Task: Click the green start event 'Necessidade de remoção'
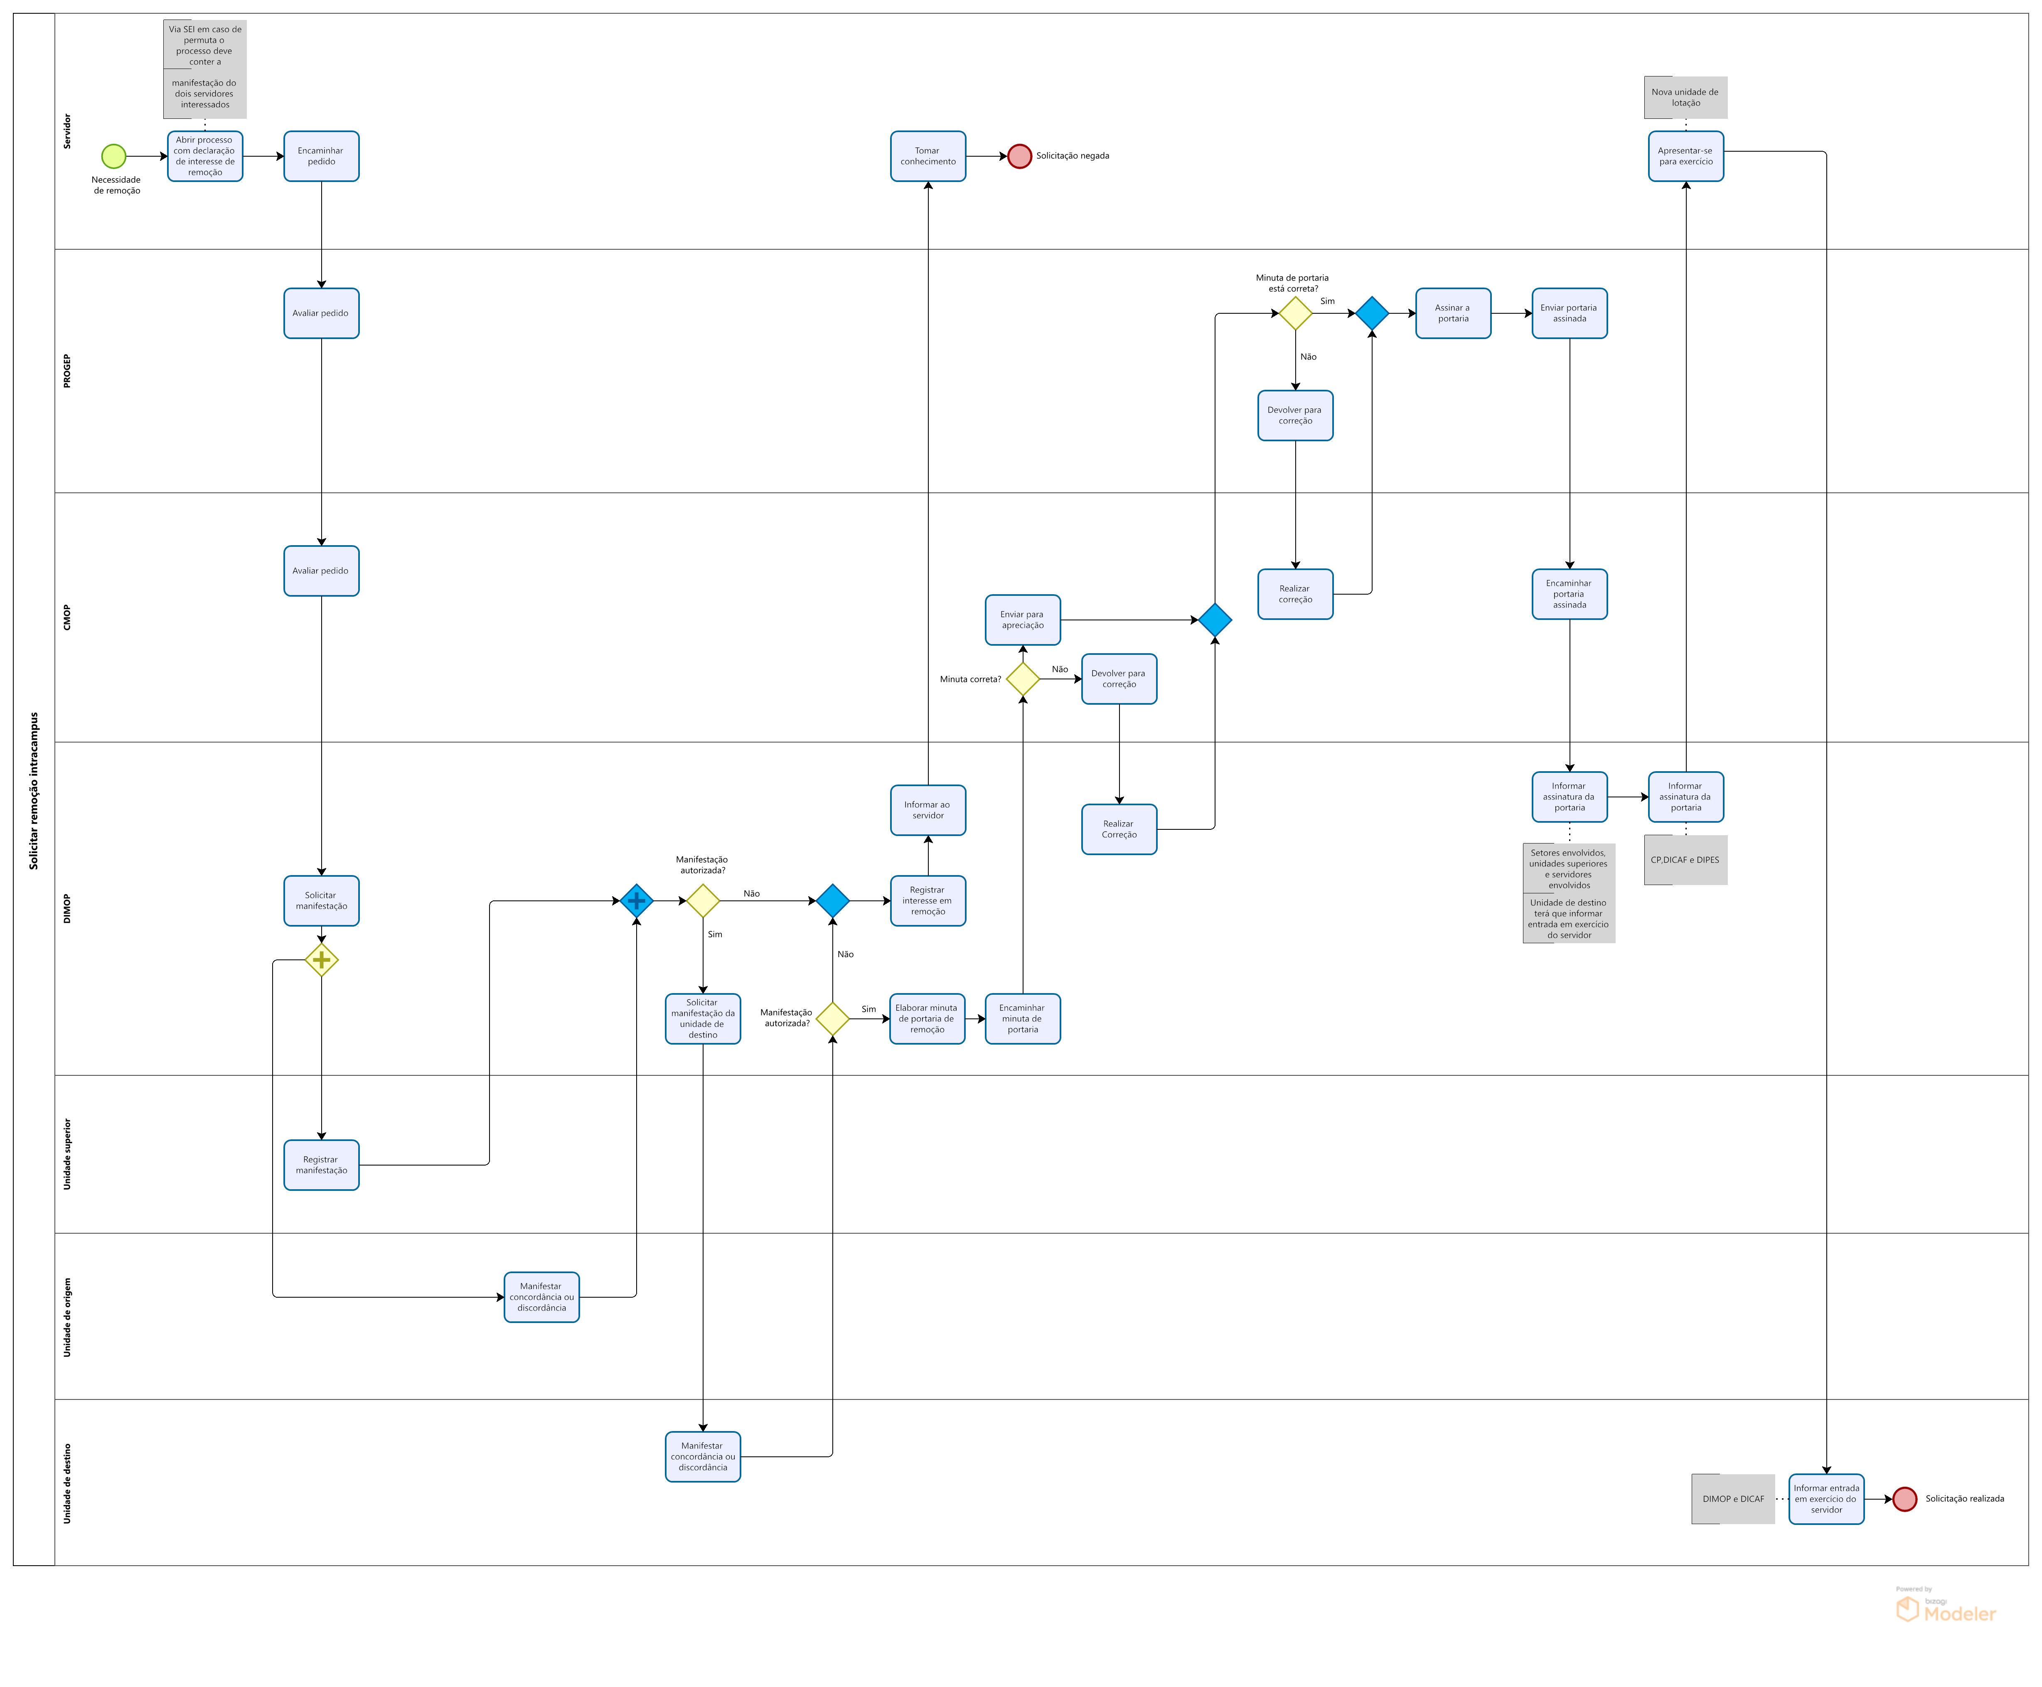(114, 155)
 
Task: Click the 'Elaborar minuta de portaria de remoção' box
(927, 1018)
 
